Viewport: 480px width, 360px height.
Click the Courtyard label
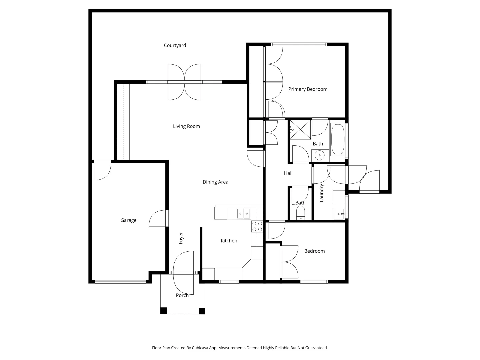coord(175,45)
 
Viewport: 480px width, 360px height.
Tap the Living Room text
coord(186,126)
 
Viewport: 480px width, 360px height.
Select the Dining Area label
coord(215,182)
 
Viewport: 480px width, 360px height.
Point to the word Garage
coord(128,220)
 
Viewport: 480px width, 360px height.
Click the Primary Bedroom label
coord(308,89)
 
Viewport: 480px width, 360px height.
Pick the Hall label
coord(288,173)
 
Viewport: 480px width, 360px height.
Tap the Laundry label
coord(321,193)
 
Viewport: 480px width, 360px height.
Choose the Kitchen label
coord(229,241)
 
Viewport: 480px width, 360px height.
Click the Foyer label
coord(181,238)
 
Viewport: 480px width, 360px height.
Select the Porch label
coord(182,295)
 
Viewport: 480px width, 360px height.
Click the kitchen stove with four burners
coord(257,226)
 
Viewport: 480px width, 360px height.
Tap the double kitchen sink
coord(243,213)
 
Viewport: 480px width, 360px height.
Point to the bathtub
coord(338,139)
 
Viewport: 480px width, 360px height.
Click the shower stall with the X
coord(300,129)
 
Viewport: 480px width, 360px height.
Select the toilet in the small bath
coord(300,213)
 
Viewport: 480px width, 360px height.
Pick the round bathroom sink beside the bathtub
coord(319,156)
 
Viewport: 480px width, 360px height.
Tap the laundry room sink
coord(339,214)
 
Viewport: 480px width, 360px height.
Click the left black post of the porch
coord(164,311)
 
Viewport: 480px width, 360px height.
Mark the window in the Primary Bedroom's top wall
coord(299,44)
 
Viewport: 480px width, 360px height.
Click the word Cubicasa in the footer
coord(200,348)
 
